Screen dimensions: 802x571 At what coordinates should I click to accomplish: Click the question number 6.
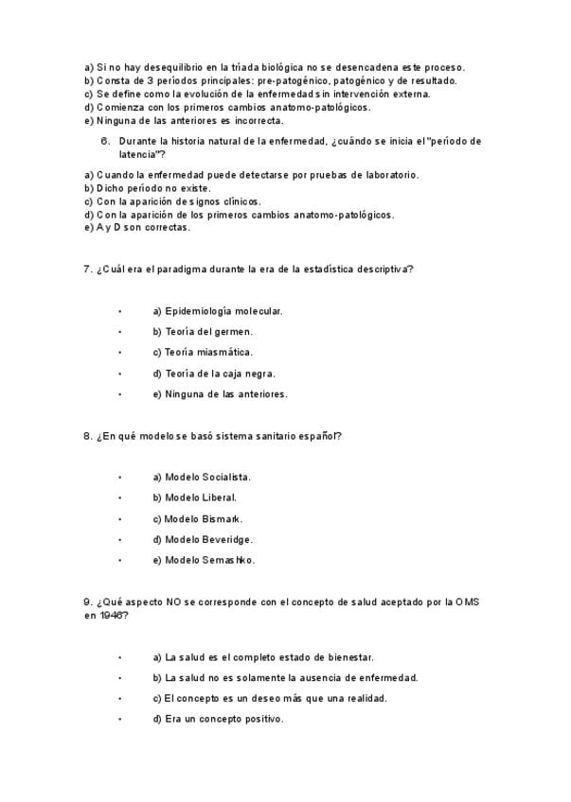105,141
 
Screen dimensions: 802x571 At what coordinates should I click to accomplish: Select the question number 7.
87,270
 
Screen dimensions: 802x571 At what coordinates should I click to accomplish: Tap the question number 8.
87,436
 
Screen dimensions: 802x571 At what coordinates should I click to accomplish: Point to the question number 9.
87,602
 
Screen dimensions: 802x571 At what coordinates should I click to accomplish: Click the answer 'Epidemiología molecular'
217,311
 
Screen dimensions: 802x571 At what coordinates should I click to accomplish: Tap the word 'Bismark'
221,519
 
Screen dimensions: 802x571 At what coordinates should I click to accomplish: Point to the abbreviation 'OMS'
467,602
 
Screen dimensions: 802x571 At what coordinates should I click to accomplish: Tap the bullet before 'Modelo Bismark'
120,519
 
